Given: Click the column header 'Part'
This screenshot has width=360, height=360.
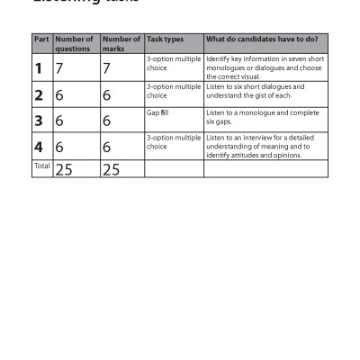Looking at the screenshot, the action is pyautogui.click(x=40, y=40).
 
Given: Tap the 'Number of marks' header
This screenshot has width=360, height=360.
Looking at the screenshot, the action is pyautogui.click(x=121, y=44).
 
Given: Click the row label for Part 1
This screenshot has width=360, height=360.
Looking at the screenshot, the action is pyautogui.click(x=39, y=67).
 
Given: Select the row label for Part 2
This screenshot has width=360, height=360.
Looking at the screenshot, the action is pyautogui.click(x=39, y=95).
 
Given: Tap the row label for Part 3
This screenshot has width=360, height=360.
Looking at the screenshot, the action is pyautogui.click(x=39, y=121).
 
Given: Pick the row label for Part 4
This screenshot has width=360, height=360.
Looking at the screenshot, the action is pyautogui.click(x=39, y=147).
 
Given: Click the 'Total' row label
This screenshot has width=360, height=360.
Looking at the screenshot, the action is pyautogui.click(x=41, y=166).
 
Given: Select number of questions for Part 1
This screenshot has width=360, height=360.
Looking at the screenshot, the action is pyautogui.click(x=59, y=67).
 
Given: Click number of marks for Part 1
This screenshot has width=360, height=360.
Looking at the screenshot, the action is pyautogui.click(x=106, y=67).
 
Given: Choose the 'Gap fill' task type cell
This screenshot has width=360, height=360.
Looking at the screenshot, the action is pyautogui.click(x=157, y=112).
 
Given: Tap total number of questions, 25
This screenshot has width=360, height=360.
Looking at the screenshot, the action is pyautogui.click(x=64, y=169).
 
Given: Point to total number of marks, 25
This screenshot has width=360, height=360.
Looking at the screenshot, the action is pyautogui.click(x=111, y=169).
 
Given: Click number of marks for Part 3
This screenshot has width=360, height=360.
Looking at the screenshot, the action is pyautogui.click(x=106, y=121).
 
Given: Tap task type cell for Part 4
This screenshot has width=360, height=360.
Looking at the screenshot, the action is pyautogui.click(x=173, y=141).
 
